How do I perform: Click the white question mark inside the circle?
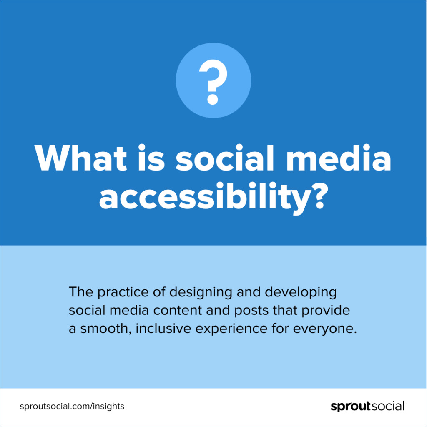213,82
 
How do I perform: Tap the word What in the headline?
80,158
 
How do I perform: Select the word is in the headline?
151,158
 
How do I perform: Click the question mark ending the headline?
318,195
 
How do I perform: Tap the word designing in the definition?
201,292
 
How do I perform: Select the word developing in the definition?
301,292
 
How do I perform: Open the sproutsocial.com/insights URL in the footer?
72,406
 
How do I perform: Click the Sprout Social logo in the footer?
367,406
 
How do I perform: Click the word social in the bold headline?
225,158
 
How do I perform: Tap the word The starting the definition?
81,292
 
